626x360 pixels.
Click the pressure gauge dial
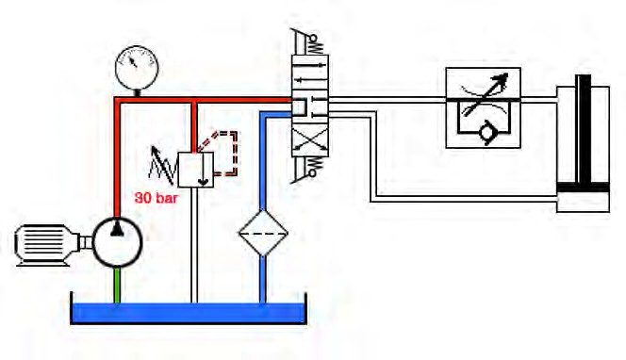pos(137,68)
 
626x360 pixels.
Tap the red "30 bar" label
pos(156,198)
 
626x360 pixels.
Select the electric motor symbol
pos(48,245)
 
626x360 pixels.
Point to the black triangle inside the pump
pos(117,229)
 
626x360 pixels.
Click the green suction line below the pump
pos(117,286)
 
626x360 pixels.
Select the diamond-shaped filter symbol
pos(263,233)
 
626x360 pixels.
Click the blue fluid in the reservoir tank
pos(189,312)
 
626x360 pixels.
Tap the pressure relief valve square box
pos(196,170)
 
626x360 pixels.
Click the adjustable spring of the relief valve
pos(163,167)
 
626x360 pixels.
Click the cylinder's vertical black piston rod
pos(585,128)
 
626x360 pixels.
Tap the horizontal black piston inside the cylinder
pos(583,188)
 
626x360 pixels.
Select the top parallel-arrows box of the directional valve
pos(310,69)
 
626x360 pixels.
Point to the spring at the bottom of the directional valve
pos(316,167)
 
